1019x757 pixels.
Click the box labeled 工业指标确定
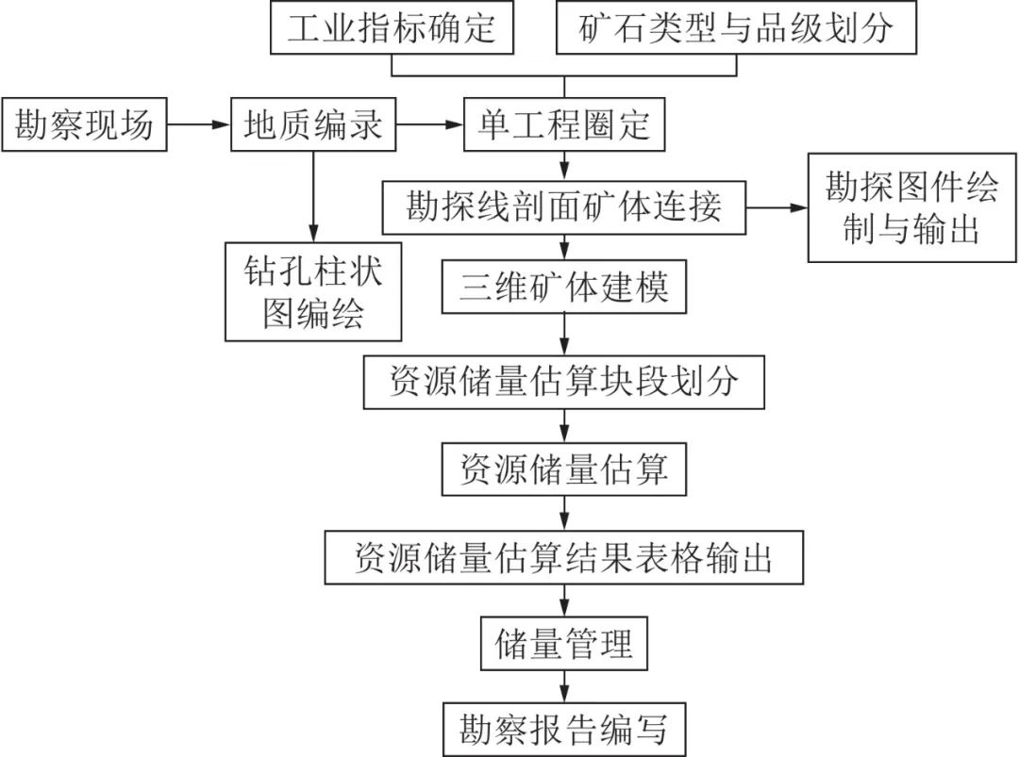click(x=391, y=28)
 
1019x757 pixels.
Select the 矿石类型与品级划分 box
click(x=736, y=28)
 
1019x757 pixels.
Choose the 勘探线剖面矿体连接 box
click(x=564, y=206)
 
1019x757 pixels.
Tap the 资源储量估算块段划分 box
click(x=564, y=381)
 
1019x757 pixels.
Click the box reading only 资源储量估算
click(x=564, y=469)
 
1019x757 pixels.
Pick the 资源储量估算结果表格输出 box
click(x=564, y=557)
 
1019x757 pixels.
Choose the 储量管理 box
click(x=564, y=645)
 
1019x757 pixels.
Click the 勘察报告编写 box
click(x=564, y=729)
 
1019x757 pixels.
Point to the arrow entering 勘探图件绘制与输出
click(x=777, y=206)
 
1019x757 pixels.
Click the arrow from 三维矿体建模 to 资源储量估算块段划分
click(x=564, y=334)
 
